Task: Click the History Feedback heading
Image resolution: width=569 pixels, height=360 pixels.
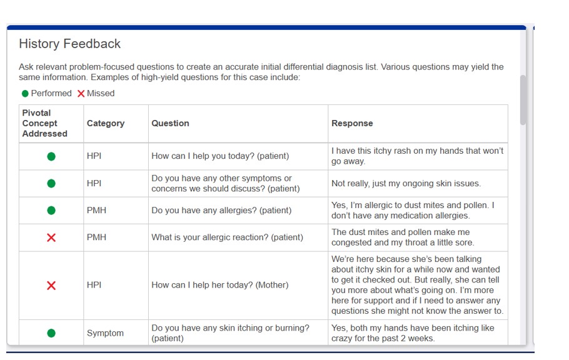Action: [x=69, y=44]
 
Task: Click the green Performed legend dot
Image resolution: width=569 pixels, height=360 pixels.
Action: [x=25, y=94]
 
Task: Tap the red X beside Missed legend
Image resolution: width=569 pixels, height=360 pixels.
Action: [x=81, y=94]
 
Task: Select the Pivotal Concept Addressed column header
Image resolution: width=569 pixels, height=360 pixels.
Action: [x=44, y=123]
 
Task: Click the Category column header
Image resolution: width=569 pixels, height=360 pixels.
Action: [x=105, y=123]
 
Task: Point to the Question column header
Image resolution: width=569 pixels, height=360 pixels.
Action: [x=170, y=123]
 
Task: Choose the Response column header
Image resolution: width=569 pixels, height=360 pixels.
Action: [x=351, y=123]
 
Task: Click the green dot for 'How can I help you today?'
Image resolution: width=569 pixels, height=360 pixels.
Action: [x=51, y=156]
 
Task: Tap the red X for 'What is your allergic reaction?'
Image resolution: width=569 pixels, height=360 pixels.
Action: [x=51, y=237]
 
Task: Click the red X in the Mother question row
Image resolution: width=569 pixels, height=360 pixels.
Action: [x=51, y=286]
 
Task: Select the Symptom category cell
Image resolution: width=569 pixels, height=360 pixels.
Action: [x=105, y=333]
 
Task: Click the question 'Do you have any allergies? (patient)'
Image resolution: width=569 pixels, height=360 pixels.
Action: [x=221, y=211]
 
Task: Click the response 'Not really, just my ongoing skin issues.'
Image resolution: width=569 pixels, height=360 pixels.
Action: [x=406, y=184]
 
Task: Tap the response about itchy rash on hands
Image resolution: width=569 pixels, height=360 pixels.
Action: [x=417, y=156]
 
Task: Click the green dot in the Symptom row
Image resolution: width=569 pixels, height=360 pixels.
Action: [x=51, y=333]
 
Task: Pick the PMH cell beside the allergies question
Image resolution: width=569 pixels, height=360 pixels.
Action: [x=96, y=211]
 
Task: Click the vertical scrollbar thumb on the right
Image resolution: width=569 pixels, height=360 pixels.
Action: [x=523, y=100]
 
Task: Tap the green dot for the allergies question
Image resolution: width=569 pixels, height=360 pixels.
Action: [x=51, y=211]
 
